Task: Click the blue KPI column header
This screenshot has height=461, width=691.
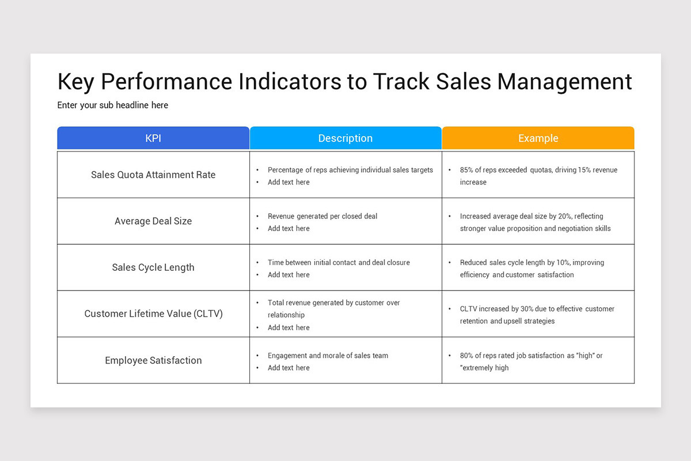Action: point(153,138)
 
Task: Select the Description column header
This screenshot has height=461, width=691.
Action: point(345,138)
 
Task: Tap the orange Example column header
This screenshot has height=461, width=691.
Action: point(538,138)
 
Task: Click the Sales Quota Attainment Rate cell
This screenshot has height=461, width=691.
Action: point(153,175)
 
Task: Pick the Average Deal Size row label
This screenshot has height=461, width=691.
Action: point(153,221)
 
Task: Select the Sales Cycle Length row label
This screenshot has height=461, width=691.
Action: point(153,267)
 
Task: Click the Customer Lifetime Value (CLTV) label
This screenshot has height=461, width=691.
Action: point(153,314)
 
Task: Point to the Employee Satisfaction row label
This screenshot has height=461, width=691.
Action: point(153,361)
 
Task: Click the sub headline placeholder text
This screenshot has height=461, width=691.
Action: point(113,105)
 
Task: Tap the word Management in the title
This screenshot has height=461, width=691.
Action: point(564,82)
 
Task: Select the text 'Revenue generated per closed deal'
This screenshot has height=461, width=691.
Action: point(322,217)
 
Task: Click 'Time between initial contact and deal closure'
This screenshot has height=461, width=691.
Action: point(339,263)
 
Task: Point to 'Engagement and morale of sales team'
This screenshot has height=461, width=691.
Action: point(328,356)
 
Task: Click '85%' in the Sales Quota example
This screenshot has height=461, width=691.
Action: point(467,171)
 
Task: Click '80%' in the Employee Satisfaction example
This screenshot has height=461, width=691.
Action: point(467,356)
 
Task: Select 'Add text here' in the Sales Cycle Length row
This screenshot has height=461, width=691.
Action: point(288,275)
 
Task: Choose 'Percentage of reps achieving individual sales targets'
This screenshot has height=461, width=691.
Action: point(350,171)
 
